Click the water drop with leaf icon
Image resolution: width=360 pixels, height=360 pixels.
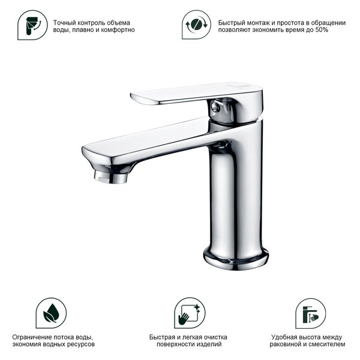(x=51, y=313)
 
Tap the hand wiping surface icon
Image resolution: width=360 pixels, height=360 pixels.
(x=190, y=313)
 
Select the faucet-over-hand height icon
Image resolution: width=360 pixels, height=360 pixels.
(x=310, y=313)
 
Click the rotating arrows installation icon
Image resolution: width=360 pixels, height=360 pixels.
(x=196, y=25)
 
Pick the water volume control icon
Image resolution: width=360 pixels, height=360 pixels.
(x=32, y=25)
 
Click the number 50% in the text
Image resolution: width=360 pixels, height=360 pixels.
(x=322, y=30)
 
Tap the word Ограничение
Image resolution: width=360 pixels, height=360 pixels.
(x=32, y=337)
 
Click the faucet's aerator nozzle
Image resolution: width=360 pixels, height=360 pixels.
(x=110, y=178)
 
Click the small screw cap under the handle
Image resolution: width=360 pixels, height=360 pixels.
(x=215, y=107)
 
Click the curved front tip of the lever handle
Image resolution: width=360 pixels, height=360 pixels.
(x=133, y=96)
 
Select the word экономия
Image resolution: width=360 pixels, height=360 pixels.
(x=26, y=344)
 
